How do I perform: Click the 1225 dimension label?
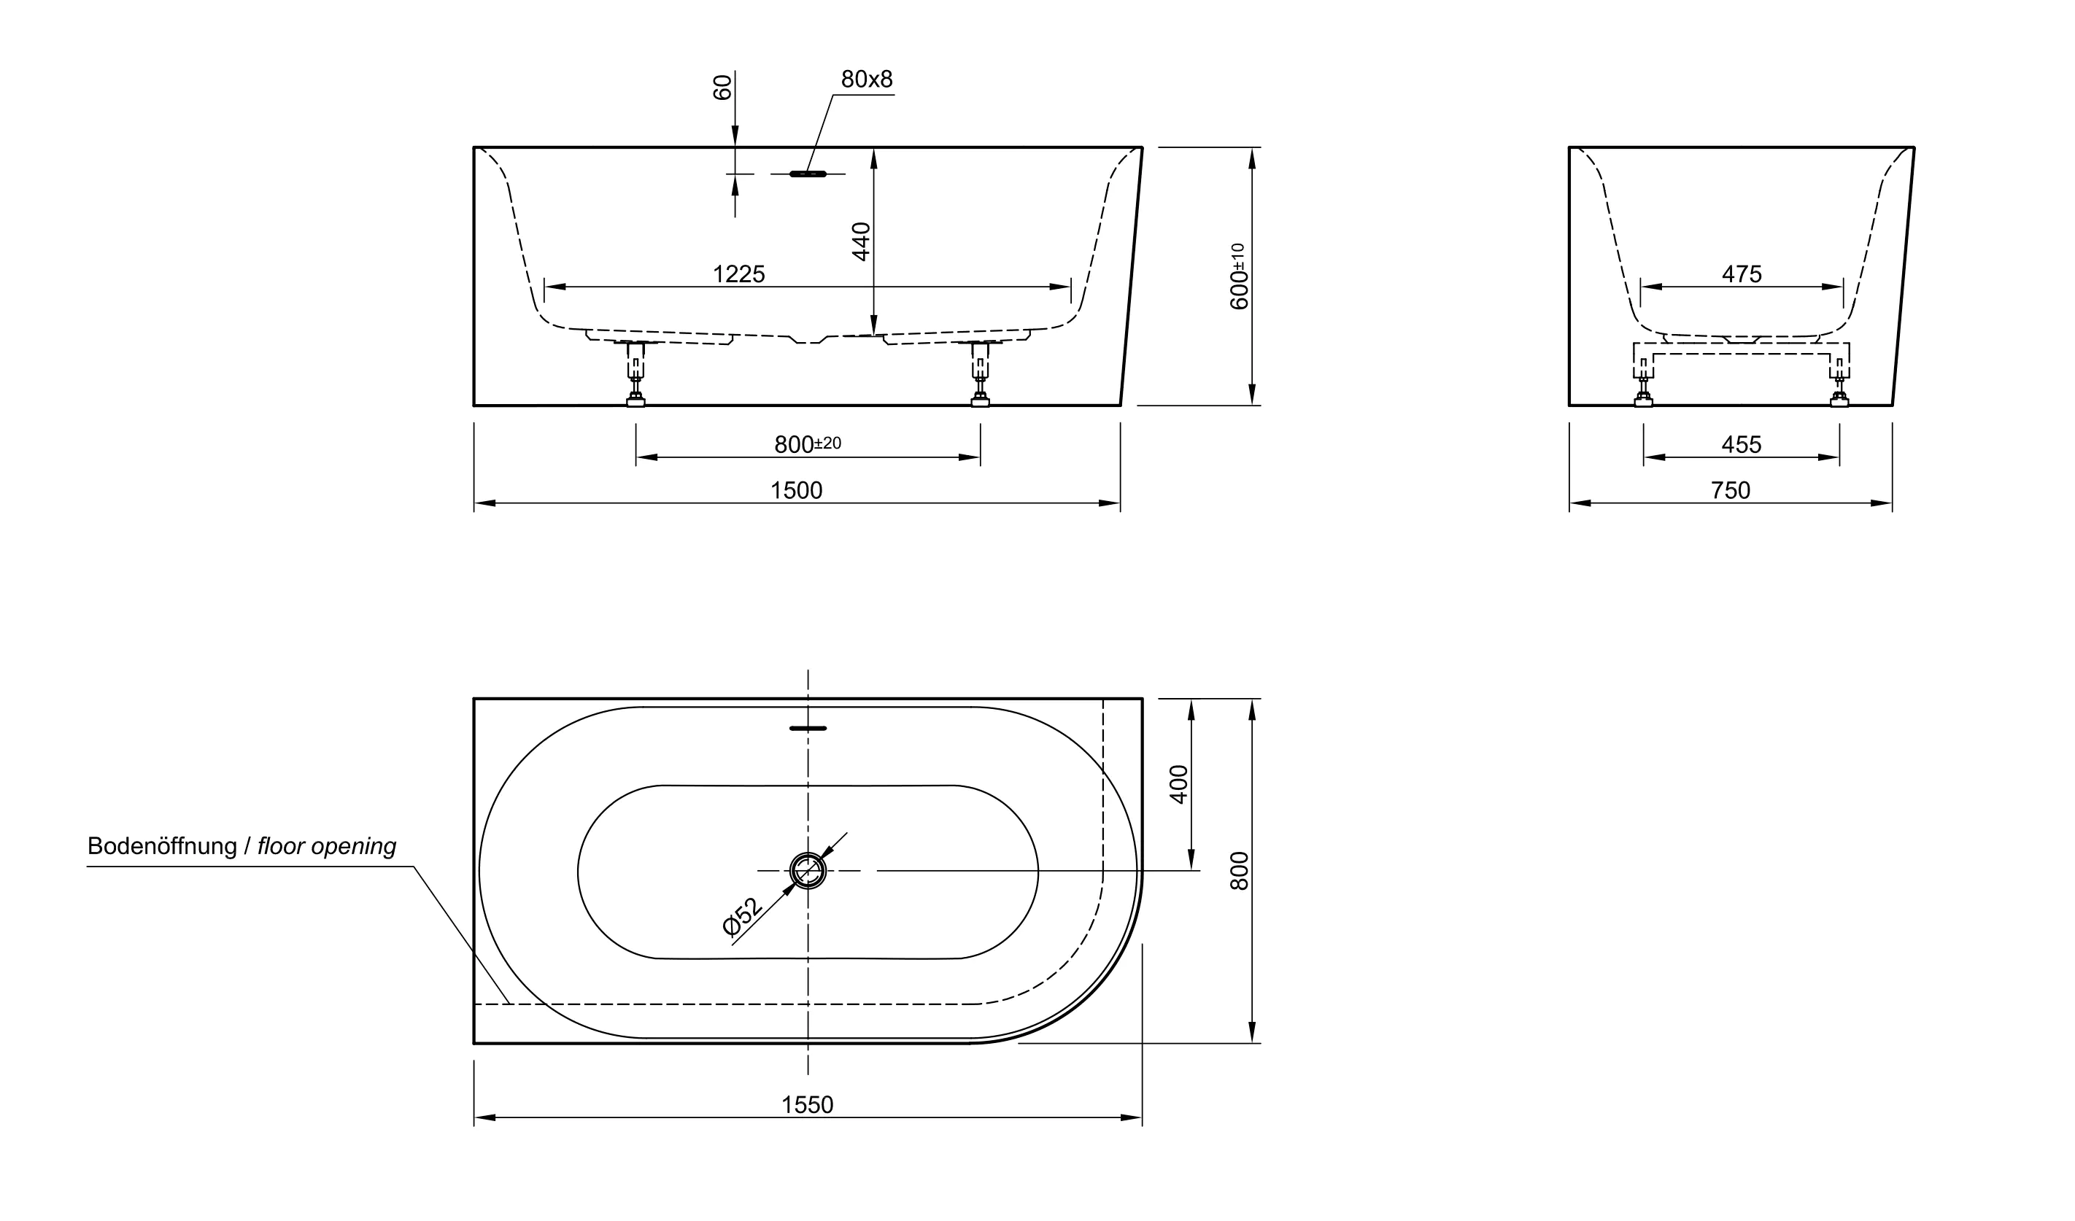(x=738, y=274)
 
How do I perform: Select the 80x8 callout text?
(x=866, y=80)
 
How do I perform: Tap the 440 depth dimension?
(x=861, y=241)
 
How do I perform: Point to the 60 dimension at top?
(x=722, y=88)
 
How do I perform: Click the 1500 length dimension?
(x=795, y=491)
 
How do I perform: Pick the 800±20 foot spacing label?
(x=807, y=445)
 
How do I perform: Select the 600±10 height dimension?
(x=1238, y=276)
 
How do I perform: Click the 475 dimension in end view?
(x=1741, y=274)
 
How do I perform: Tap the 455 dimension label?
(x=1741, y=445)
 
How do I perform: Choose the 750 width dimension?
(x=1730, y=491)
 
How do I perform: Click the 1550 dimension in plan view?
(x=807, y=1105)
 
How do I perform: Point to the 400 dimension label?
(x=1179, y=785)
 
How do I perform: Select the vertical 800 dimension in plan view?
(x=1239, y=871)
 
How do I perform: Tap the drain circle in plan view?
(x=808, y=871)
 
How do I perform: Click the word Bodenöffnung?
(x=161, y=846)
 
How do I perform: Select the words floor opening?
(x=326, y=846)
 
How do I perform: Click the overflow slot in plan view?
(x=808, y=729)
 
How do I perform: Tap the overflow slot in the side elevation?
(x=808, y=174)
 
